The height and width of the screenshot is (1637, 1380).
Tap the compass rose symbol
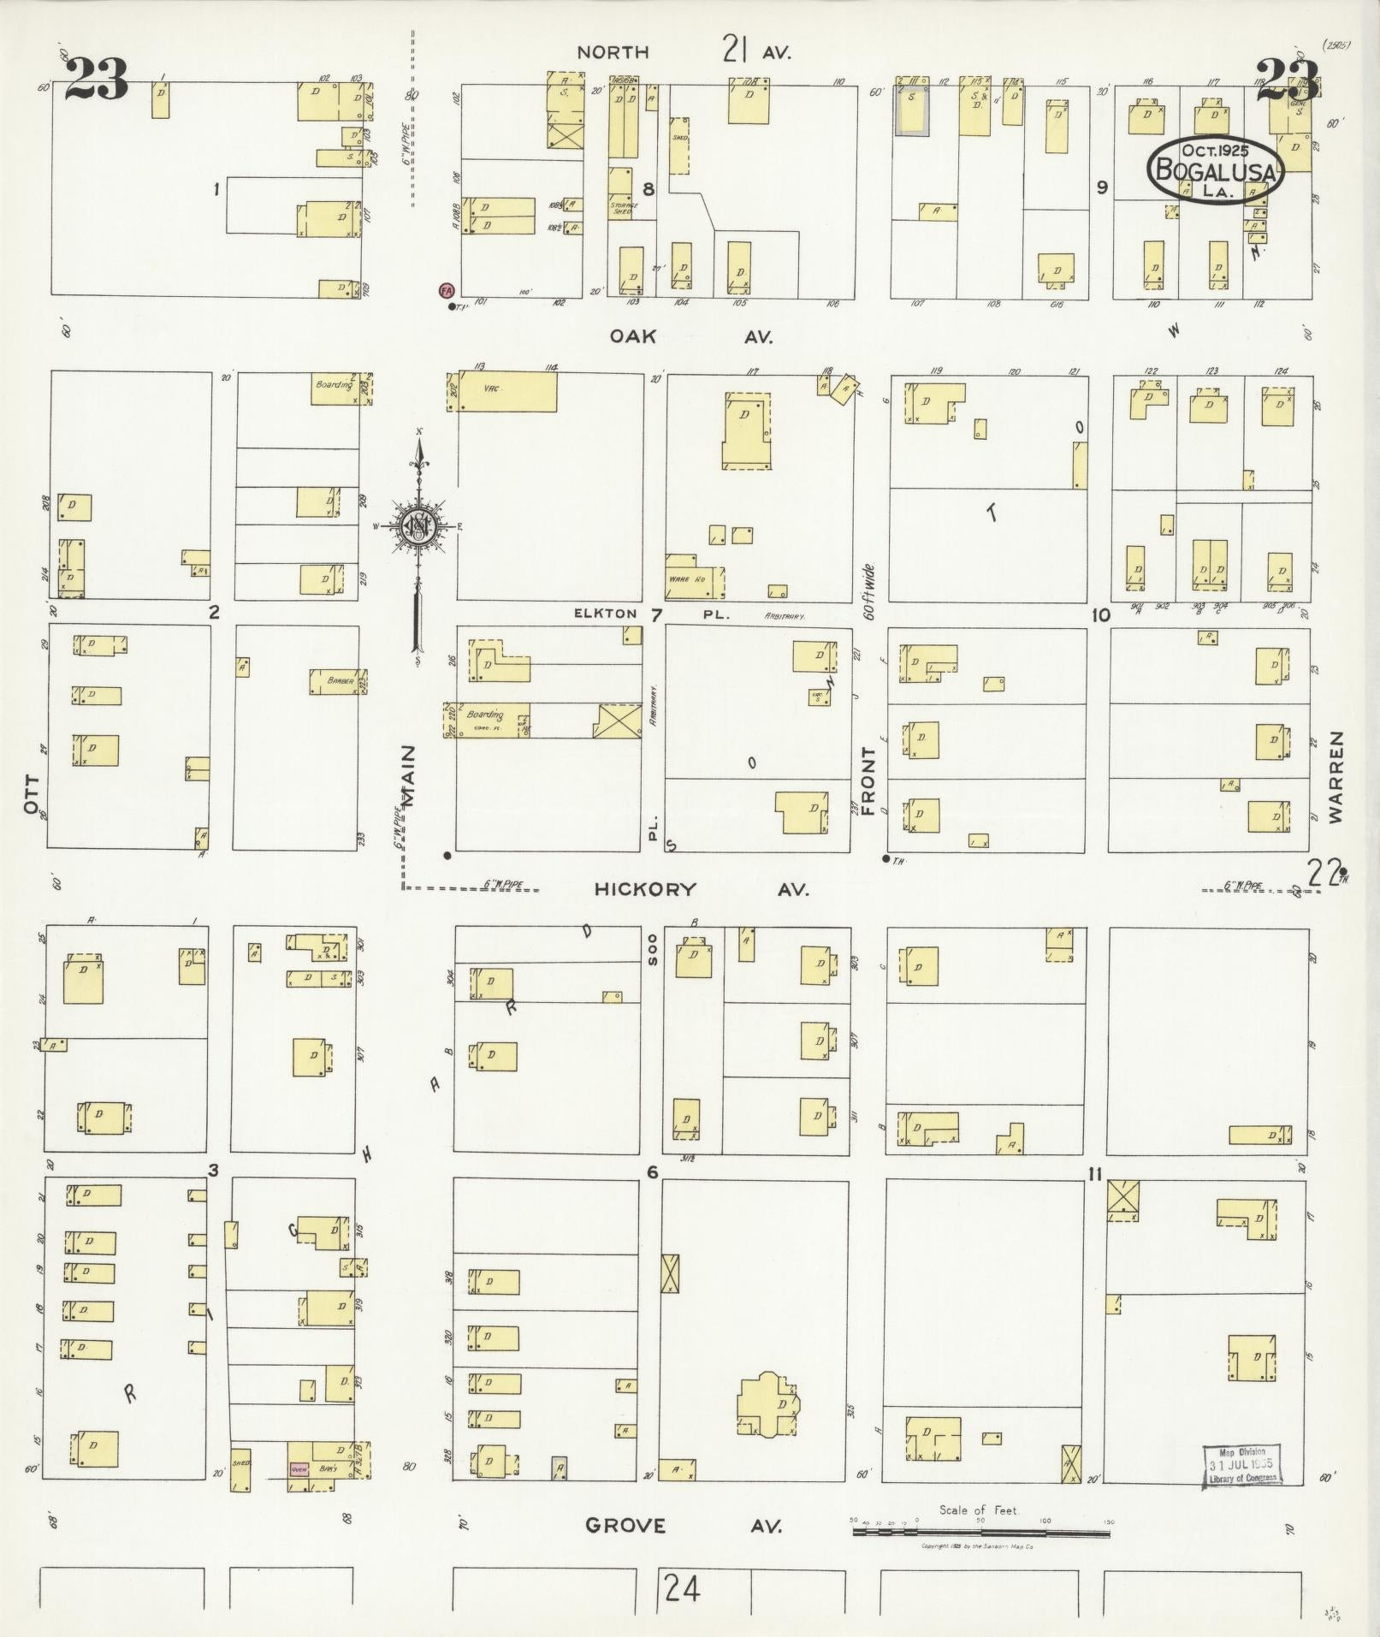[x=420, y=525]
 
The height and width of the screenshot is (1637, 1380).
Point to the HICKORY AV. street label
[x=701, y=889]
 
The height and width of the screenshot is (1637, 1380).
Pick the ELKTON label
[x=606, y=613]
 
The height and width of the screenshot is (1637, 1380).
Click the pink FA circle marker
[x=446, y=290]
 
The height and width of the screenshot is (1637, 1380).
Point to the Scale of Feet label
[x=979, y=1509]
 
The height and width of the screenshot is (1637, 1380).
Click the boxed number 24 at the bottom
[x=681, y=1588]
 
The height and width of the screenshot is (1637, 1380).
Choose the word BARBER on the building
[x=340, y=681]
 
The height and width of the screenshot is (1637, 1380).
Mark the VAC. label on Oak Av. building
[x=491, y=388]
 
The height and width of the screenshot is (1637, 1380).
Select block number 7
[x=656, y=614]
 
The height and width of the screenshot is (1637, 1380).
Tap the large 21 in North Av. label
[x=736, y=50]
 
